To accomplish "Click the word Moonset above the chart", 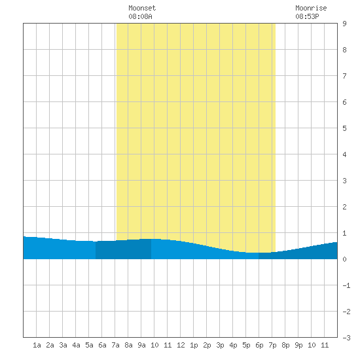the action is (142, 8).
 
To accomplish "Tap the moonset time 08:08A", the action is (140, 16).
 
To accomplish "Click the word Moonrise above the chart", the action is (311, 8).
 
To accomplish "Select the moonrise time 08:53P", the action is (307, 16).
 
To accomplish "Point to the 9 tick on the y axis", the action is (344, 24).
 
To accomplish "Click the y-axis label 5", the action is (344, 128).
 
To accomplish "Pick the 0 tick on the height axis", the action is (344, 259).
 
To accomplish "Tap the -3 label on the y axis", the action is (346, 338).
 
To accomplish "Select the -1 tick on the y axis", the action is (346, 285).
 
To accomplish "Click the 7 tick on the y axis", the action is (344, 76).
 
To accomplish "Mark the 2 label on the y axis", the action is (344, 207).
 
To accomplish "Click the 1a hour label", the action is (37, 345).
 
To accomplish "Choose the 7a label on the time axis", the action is (115, 345).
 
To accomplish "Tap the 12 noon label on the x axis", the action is (181, 345).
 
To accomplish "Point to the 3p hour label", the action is (220, 345).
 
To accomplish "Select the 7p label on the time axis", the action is (272, 345).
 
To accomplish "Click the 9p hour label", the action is (298, 345).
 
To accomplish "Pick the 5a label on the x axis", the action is (89, 345).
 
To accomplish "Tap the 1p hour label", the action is (194, 345).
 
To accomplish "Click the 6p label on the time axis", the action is (259, 345).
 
